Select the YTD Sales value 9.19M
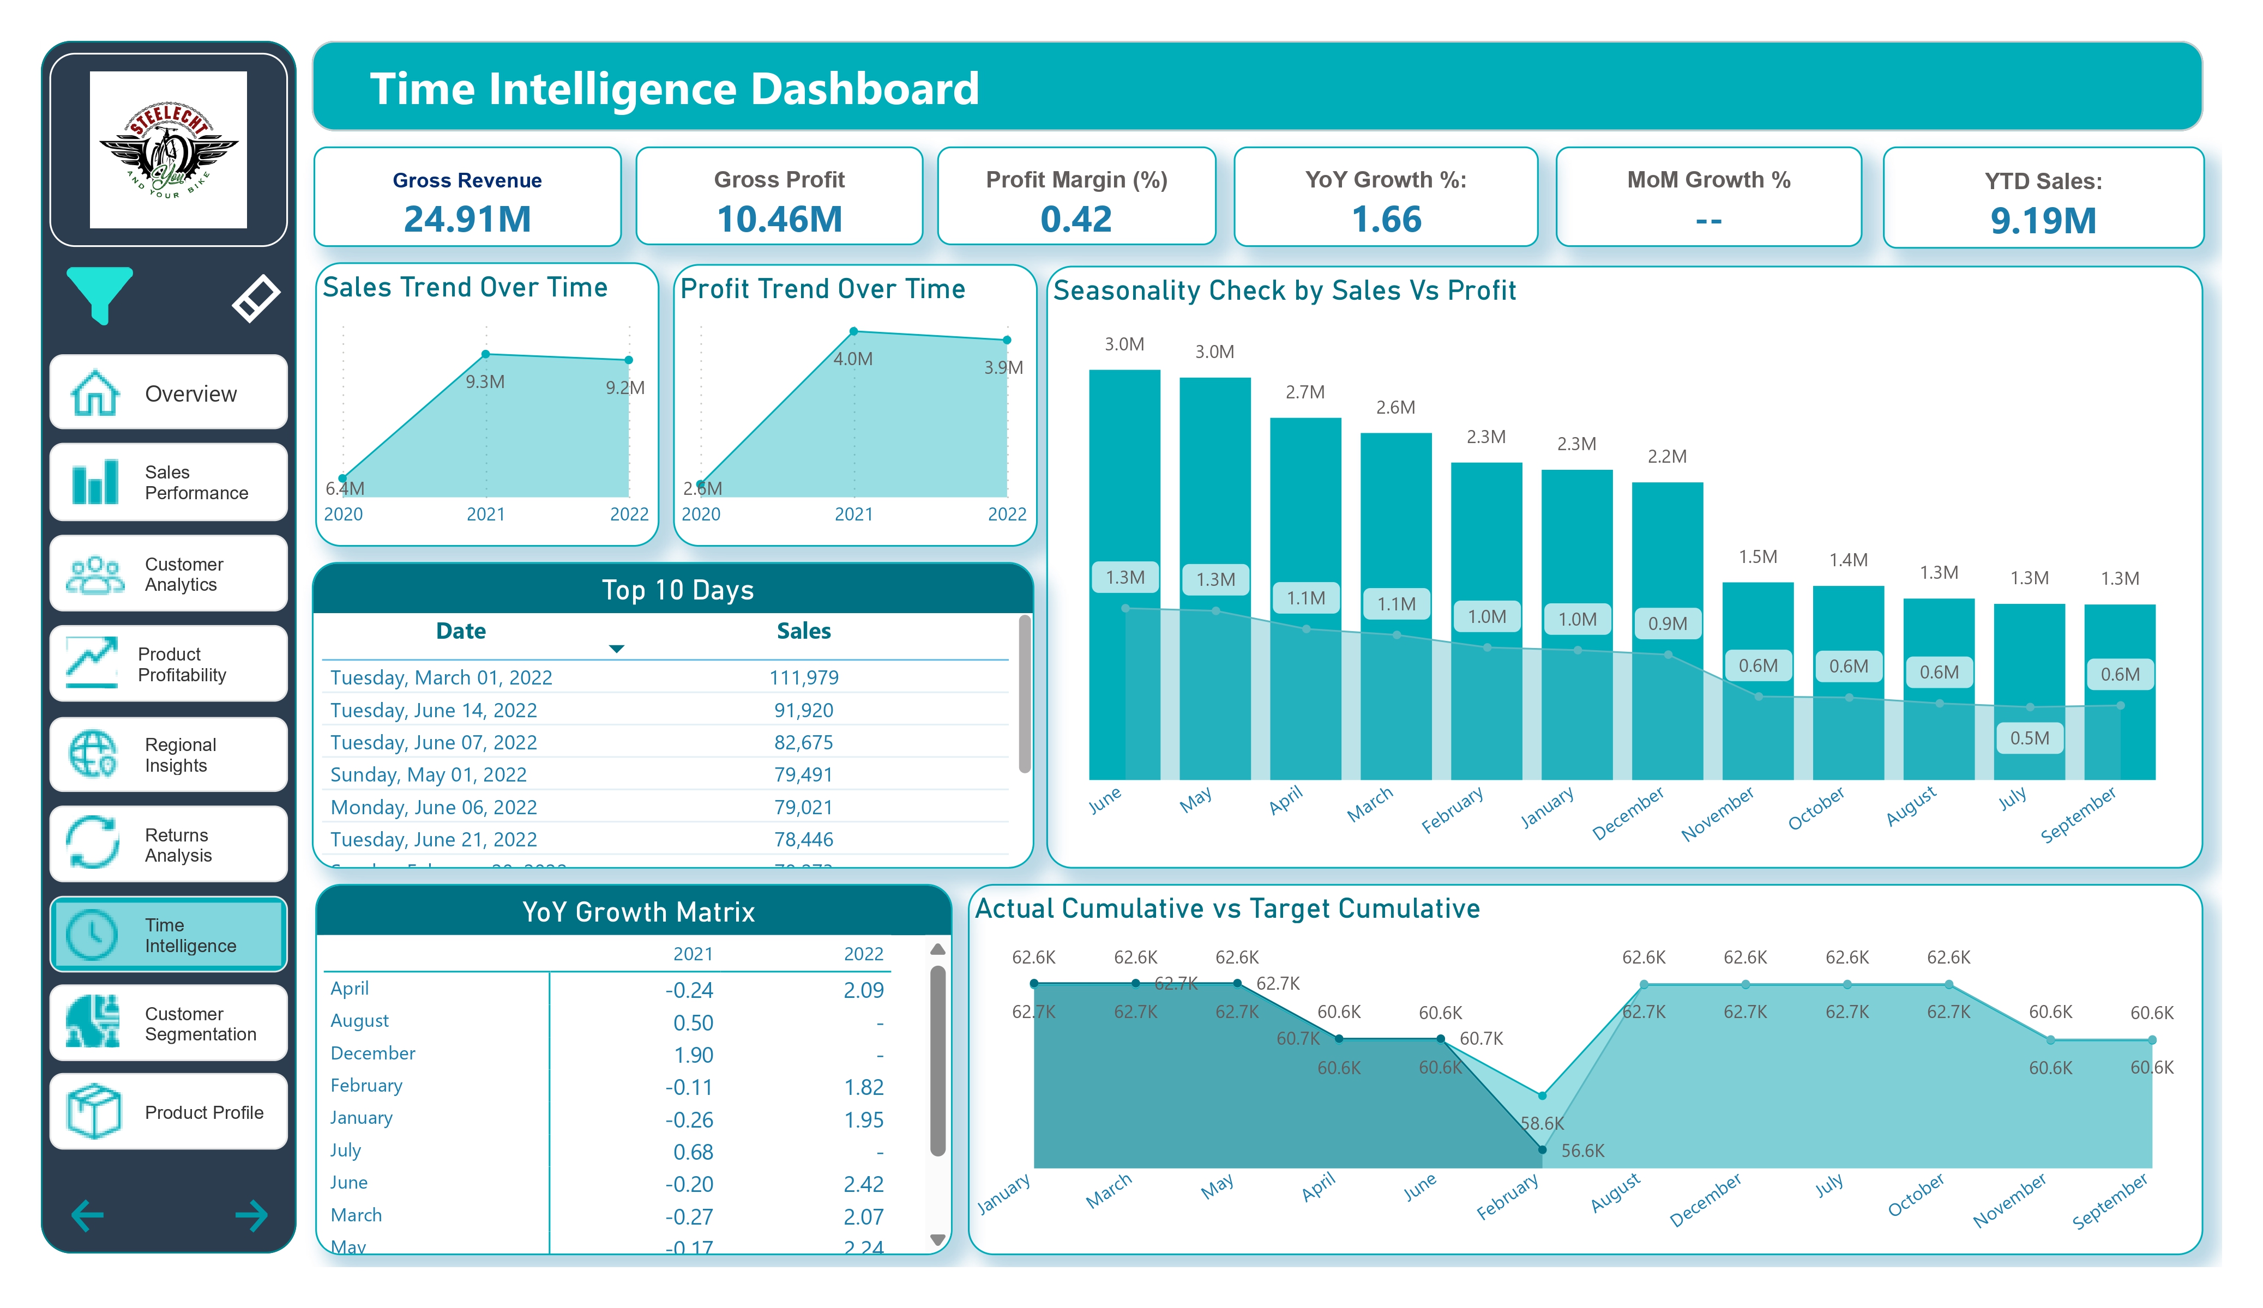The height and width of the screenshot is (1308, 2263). pos(2043,221)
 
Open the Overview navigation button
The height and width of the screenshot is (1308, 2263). pos(169,393)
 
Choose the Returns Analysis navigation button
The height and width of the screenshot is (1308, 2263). pos(169,845)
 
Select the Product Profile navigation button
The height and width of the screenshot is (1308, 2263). pos(169,1112)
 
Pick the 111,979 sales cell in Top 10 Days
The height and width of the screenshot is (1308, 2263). pos(804,678)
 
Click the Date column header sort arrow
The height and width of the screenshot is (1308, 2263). pos(616,648)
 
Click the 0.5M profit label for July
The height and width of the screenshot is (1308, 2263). pos(2030,738)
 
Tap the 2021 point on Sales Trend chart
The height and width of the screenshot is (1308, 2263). pos(486,355)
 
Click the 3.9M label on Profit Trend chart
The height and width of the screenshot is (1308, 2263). pos(1003,367)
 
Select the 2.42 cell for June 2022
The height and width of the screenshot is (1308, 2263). pos(863,1184)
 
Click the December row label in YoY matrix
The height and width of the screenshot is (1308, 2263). pos(372,1053)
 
